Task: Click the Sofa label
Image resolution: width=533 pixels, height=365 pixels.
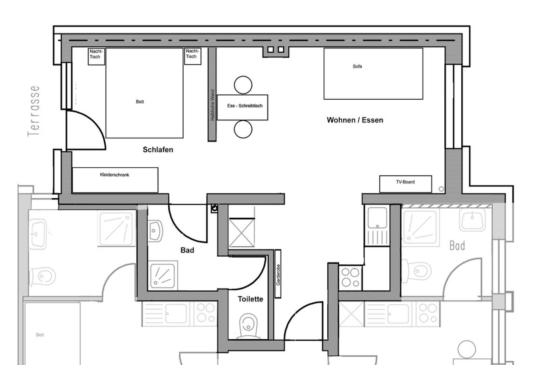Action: click(357, 67)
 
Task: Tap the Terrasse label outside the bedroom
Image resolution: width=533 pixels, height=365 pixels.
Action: click(34, 111)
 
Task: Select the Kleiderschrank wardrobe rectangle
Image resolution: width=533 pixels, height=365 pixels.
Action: click(115, 180)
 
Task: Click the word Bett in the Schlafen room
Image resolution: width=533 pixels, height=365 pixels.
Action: click(140, 102)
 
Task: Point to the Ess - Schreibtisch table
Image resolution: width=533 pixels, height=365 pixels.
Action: click(242, 107)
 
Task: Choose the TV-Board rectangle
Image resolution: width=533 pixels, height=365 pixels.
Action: click(405, 184)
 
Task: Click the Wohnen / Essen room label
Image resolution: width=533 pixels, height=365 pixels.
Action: click(355, 120)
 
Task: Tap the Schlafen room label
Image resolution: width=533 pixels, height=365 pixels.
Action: click(158, 150)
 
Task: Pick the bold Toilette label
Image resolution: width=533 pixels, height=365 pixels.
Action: click(250, 299)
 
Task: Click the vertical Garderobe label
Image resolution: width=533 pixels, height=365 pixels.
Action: click(278, 275)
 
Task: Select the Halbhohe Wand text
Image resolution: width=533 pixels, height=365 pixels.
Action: click(212, 105)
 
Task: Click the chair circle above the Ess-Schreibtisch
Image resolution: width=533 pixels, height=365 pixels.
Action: click(243, 85)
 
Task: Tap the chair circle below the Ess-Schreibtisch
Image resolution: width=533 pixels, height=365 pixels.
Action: click(243, 129)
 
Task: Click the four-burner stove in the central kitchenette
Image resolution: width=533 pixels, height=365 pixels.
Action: click(350, 277)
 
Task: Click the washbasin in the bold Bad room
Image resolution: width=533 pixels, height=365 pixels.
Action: click(155, 231)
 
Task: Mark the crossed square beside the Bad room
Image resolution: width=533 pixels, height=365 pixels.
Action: click(242, 232)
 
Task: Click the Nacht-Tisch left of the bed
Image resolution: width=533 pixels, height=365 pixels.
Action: click(96, 56)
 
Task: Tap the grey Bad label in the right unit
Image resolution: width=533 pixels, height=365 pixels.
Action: click(457, 246)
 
